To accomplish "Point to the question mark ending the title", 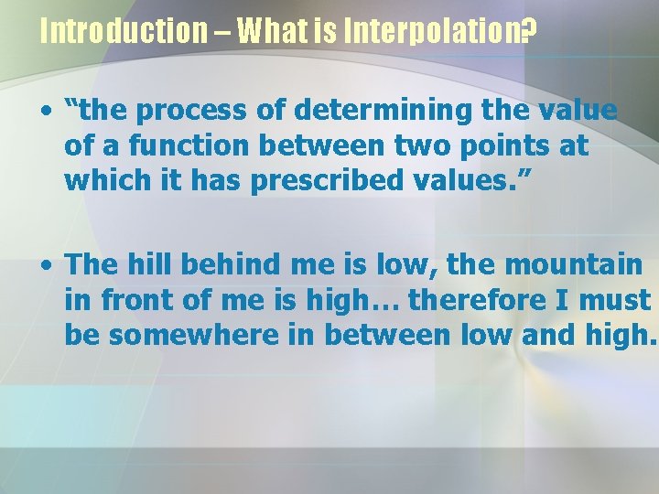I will pos(527,32).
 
